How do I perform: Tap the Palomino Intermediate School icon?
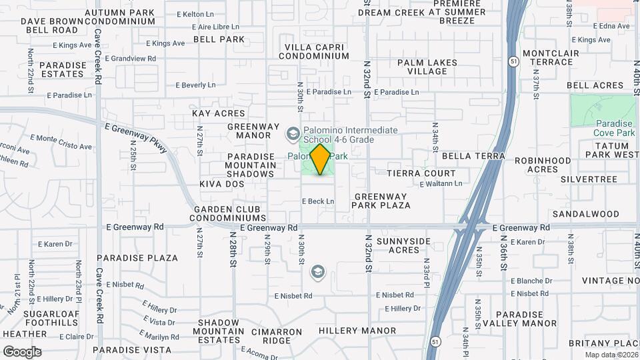click(x=292, y=134)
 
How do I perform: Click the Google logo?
click(x=22, y=351)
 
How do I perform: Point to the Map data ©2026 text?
click(x=611, y=355)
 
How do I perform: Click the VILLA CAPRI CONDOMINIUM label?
click(x=317, y=51)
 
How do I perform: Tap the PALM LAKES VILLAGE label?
click(x=427, y=67)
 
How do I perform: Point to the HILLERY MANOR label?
click(x=357, y=331)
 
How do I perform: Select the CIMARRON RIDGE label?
click(x=267, y=335)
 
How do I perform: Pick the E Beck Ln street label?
click(x=318, y=201)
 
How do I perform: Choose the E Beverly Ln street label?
click(x=195, y=85)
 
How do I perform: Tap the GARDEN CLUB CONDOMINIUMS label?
click(x=230, y=213)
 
